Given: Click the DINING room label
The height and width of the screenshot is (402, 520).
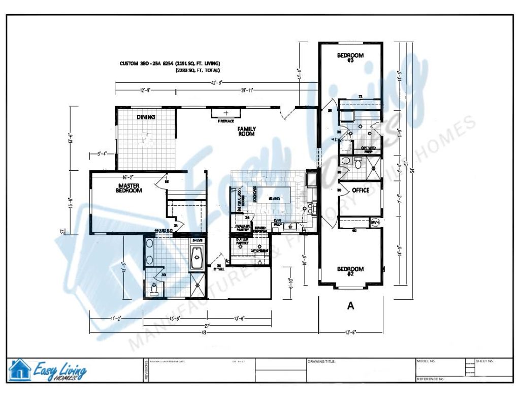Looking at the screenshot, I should pyautogui.click(x=146, y=117).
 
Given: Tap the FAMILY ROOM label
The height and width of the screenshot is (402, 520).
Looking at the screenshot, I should pyautogui.click(x=246, y=132).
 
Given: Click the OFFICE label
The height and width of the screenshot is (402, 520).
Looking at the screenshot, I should pyautogui.click(x=361, y=191).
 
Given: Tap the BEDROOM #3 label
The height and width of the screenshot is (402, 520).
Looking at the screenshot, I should pyautogui.click(x=350, y=58).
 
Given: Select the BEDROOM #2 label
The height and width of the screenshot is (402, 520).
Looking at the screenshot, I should pyautogui.click(x=350, y=271).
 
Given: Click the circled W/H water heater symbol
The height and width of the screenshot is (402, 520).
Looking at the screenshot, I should pyautogui.click(x=376, y=222).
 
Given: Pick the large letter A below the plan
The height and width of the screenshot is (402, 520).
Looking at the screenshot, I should pyautogui.click(x=350, y=305).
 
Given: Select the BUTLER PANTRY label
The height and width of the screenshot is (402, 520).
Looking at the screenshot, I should pyautogui.click(x=242, y=242).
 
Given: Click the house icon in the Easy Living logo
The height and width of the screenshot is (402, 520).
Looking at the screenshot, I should pyautogui.click(x=20, y=369).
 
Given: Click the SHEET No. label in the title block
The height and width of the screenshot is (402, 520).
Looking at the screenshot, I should pyautogui.click(x=485, y=361).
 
